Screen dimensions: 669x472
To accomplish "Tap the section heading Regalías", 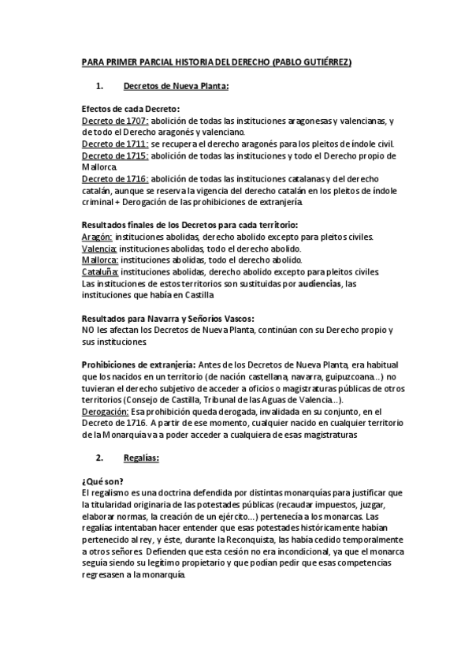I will pos(142,458).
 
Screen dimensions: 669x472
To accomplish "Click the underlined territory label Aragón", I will pos(98,237).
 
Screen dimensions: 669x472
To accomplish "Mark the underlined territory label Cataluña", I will pos(100,272).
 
